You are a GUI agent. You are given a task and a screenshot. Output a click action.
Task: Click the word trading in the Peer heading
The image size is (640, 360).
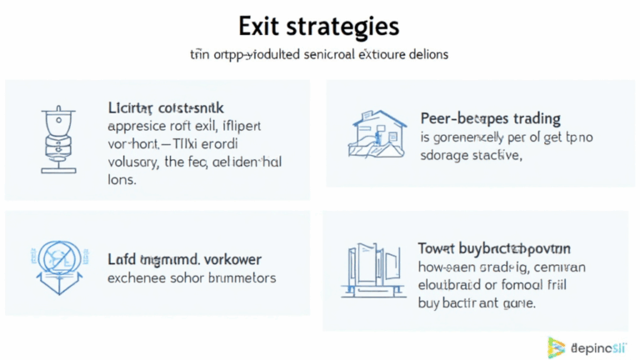pos(530,119)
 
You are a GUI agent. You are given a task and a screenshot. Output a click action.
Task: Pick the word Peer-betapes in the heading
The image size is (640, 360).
pos(459,119)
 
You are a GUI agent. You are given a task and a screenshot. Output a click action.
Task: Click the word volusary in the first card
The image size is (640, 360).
pos(137,162)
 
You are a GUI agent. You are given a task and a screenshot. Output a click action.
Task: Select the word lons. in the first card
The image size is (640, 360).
pos(122,179)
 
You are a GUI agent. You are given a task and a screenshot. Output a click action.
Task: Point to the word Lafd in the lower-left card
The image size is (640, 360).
pos(122,259)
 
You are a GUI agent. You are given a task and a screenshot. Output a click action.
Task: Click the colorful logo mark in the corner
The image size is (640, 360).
pos(556,346)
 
